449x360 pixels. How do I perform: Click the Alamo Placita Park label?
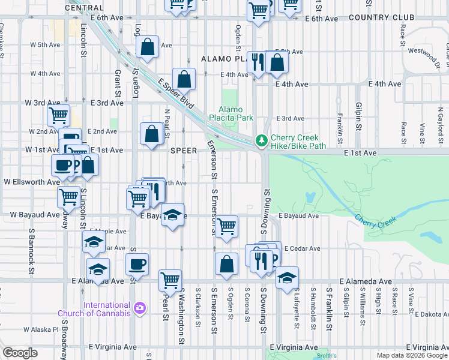231,114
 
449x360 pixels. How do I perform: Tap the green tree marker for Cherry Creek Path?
261,141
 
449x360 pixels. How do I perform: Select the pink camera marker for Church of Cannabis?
140,308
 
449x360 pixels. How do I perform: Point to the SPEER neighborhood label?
184,151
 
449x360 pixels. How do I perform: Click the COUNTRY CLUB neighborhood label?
390,18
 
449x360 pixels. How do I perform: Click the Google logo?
20,353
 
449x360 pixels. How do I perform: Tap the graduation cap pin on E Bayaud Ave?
172,217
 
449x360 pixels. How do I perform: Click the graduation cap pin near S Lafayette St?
288,277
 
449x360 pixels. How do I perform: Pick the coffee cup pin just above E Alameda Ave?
137,264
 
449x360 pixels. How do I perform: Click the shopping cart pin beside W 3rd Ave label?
58,115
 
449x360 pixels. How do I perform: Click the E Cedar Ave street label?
298,248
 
